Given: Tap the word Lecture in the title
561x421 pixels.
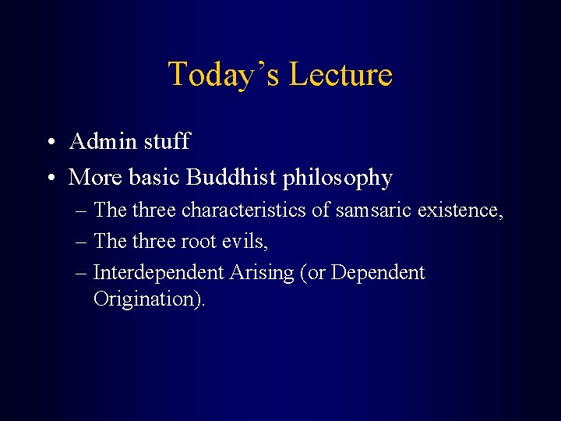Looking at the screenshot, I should click(340, 75).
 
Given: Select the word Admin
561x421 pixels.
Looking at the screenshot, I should click(102, 141).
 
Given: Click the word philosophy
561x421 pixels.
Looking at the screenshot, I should click(337, 179).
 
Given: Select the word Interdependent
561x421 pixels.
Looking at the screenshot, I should click(159, 273).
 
